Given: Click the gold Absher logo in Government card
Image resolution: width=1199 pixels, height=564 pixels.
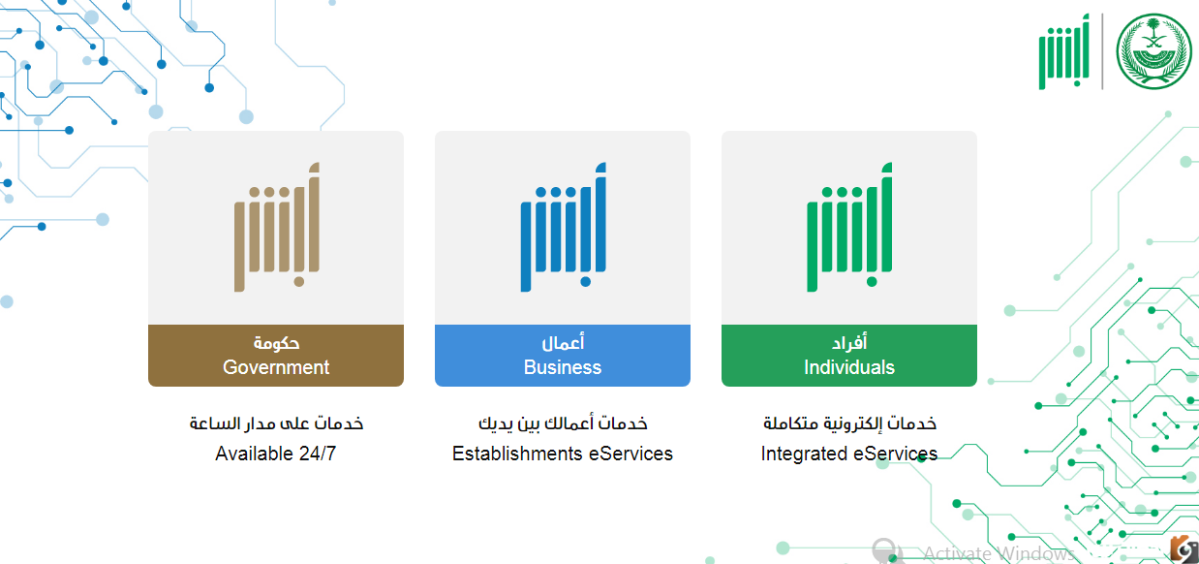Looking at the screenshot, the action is point(277,227).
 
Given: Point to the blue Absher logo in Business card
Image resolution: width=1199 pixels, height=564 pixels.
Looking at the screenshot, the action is point(563,227).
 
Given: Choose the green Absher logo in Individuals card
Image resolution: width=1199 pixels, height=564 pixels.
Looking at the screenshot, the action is point(849,227).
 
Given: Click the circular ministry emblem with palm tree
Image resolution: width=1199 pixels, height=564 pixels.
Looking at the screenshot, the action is point(1154,51).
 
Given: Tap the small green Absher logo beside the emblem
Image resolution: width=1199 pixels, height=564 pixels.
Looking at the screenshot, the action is point(1064,51).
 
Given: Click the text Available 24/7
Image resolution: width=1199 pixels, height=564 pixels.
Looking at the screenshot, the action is point(276,454).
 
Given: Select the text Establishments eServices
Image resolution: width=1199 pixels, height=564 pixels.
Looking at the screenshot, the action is point(563,454).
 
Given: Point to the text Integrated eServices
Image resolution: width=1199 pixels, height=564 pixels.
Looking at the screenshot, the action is point(849,454).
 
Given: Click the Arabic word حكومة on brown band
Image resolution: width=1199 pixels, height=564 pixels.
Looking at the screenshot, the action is point(276,343).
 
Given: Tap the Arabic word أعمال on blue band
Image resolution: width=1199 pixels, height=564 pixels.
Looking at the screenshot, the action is point(563,342).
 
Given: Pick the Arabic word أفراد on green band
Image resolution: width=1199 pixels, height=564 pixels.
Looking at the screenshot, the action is point(849,342).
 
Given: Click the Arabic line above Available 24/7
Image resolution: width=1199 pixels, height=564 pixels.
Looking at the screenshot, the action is point(276,423).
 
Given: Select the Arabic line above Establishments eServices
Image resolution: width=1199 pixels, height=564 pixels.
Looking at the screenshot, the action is point(563,423).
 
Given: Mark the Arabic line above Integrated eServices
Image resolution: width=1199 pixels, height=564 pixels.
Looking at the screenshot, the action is point(849,423).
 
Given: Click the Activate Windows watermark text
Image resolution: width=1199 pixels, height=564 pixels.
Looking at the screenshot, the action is point(999,553).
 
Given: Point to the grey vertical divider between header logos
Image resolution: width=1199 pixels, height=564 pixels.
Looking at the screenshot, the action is point(1103,51).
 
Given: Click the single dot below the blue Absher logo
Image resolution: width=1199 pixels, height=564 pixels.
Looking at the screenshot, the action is point(586,282).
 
